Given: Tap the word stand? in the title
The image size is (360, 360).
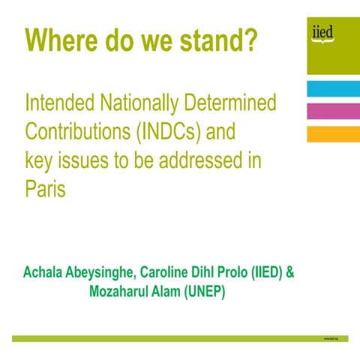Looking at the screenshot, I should pyautogui.click(x=217, y=39).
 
